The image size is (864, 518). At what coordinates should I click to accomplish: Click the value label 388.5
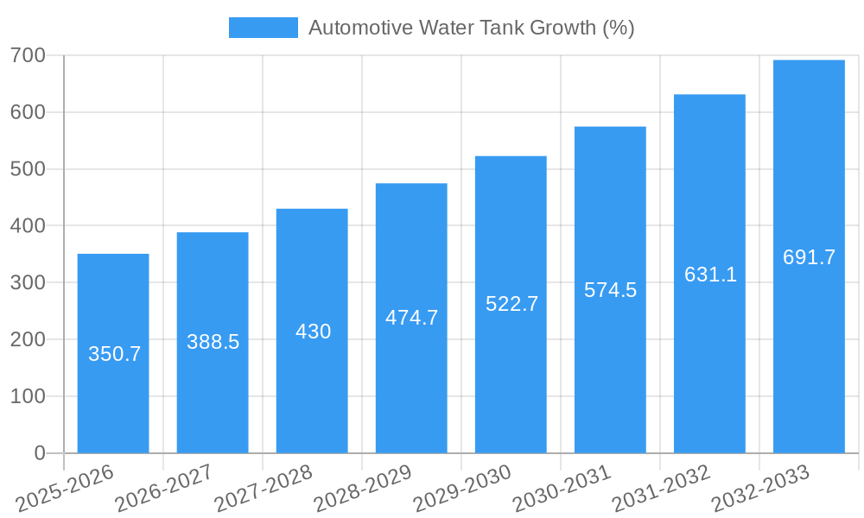(x=213, y=342)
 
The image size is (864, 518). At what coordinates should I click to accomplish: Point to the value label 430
(x=313, y=332)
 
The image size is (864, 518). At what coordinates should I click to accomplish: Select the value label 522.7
(x=511, y=304)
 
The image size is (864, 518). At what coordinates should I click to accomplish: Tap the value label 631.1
(x=710, y=275)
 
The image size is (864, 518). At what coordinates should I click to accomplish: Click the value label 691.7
(x=809, y=257)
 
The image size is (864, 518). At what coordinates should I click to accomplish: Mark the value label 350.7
(x=114, y=354)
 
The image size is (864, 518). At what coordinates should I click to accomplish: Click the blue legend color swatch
(x=263, y=28)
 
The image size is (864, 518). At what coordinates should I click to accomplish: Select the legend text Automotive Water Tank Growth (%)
(x=471, y=28)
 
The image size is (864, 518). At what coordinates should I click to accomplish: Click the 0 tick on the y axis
(x=40, y=453)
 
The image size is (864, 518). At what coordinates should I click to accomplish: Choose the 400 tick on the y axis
(x=29, y=226)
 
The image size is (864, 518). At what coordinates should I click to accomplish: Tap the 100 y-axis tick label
(x=29, y=396)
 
